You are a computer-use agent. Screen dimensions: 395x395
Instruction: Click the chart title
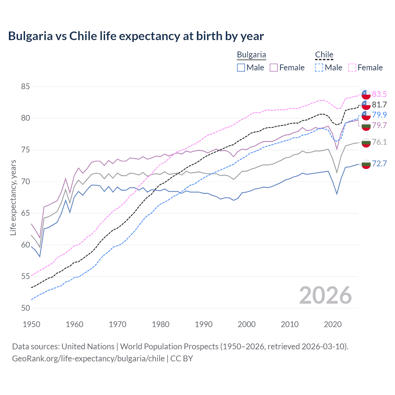click(136, 36)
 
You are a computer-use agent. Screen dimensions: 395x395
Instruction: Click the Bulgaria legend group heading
click(251, 55)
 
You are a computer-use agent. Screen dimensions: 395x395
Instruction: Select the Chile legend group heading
click(324, 55)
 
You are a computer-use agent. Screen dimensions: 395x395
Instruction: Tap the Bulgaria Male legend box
click(241, 68)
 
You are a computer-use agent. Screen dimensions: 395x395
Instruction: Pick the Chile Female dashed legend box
click(352, 68)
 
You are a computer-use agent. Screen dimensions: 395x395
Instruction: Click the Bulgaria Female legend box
click(274, 68)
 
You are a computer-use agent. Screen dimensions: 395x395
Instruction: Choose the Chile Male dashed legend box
click(319, 68)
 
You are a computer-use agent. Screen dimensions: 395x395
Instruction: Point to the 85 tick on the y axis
click(25, 86)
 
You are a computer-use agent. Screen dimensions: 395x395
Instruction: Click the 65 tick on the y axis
click(25, 213)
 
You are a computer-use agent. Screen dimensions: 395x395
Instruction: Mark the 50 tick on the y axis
click(25, 308)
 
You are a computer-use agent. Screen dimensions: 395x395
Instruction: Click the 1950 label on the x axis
click(31, 324)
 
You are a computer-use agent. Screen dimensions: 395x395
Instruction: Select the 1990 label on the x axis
click(203, 324)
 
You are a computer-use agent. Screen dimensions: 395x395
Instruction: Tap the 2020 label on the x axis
click(333, 324)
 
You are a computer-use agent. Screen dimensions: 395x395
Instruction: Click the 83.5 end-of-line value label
click(379, 94)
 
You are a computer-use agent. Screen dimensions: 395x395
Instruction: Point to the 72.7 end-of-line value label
click(379, 164)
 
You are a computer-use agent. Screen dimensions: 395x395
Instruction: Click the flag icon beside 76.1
click(366, 143)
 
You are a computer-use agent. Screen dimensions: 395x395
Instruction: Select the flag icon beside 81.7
click(366, 105)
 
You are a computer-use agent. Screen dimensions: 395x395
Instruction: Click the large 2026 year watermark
click(325, 295)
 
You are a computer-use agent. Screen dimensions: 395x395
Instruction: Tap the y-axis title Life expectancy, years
click(13, 197)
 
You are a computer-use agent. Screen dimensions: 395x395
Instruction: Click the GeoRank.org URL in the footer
click(88, 359)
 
